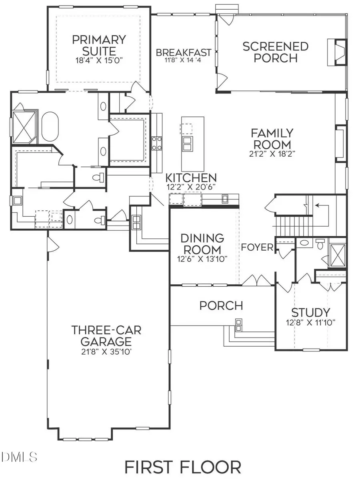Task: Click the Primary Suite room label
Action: [x=99, y=45]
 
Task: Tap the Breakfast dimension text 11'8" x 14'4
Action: [x=184, y=61]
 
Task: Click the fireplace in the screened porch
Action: [x=336, y=52]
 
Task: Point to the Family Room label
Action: [x=272, y=138]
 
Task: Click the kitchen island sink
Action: [x=187, y=144]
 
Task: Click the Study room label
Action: [x=310, y=312]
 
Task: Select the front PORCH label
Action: [x=221, y=305]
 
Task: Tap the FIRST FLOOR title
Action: [x=182, y=467]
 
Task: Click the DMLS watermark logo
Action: [x=19, y=456]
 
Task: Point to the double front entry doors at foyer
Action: [x=256, y=280]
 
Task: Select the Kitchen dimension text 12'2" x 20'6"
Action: [x=192, y=186]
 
